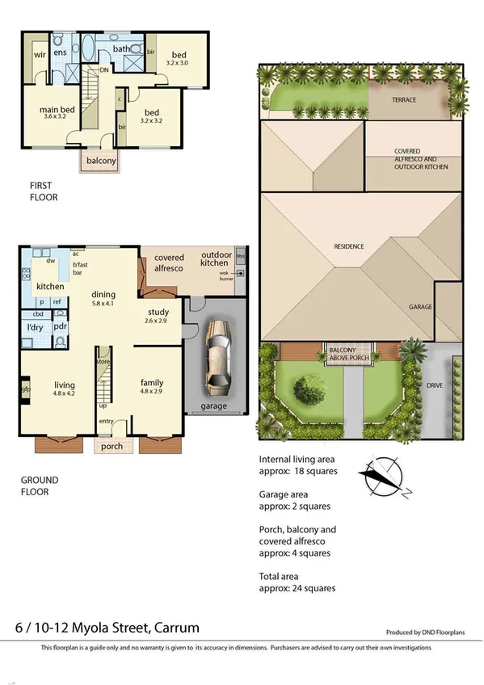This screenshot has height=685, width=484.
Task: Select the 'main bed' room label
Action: coord(58,110)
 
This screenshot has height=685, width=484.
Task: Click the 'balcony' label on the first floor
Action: coord(102,161)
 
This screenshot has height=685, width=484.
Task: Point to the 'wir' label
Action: coord(39,55)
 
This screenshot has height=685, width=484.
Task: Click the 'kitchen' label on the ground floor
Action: coord(49,287)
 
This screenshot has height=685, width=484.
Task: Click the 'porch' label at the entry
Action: coord(108,445)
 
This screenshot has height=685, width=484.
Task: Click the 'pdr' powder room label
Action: coord(60,327)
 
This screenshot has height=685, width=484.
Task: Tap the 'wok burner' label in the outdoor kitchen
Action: coord(225,275)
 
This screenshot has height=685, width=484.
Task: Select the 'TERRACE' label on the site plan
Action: coord(404,100)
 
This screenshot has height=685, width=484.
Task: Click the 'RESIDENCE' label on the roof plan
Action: coord(350,246)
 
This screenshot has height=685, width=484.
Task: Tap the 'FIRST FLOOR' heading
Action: coord(44,191)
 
